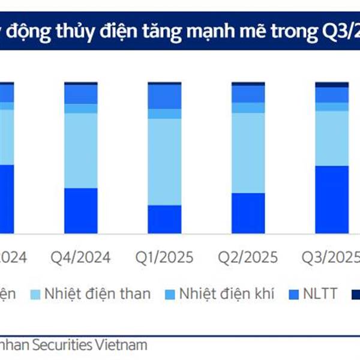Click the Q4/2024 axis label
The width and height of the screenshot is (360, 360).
coord(80,257)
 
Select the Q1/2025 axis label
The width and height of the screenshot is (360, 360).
coord(164,257)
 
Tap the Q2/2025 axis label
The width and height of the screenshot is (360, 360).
coord(248,257)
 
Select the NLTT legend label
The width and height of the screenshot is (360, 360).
coord(322,294)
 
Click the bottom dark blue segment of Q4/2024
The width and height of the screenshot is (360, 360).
coord(80,211)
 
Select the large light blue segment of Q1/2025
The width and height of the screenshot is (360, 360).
coord(164,161)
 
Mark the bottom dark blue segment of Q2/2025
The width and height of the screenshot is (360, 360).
coord(248,213)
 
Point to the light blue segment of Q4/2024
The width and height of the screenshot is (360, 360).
coord(80,150)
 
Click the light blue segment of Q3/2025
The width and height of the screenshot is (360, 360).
coord(331,138)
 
